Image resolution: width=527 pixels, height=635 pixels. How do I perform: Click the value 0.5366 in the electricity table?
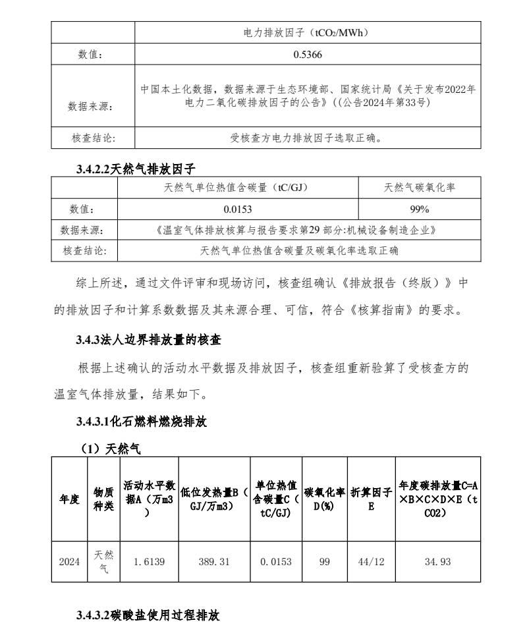(308, 55)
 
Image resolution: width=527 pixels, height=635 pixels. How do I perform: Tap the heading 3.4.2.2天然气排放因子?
(136, 168)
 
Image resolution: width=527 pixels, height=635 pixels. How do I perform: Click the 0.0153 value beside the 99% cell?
(238, 209)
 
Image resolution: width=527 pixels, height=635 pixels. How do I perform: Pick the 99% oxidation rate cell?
(420, 209)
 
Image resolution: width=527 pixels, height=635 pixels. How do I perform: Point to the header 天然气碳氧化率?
(420, 188)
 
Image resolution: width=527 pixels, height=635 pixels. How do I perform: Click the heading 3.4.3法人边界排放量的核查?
(148, 340)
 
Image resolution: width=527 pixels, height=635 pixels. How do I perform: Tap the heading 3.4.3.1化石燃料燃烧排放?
(141, 422)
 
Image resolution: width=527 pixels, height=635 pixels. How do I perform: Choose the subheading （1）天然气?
(110, 449)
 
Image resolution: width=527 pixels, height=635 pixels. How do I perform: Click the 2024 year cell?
(69, 562)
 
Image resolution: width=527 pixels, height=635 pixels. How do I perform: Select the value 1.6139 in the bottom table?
(149, 562)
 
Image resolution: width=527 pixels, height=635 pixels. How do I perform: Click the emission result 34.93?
(438, 562)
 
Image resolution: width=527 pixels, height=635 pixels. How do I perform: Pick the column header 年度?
(69, 499)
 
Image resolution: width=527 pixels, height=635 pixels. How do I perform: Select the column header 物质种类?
(103, 499)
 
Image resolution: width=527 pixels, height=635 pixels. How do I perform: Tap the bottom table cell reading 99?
(324, 562)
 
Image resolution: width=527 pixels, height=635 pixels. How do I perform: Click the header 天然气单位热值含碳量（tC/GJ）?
(238, 188)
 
